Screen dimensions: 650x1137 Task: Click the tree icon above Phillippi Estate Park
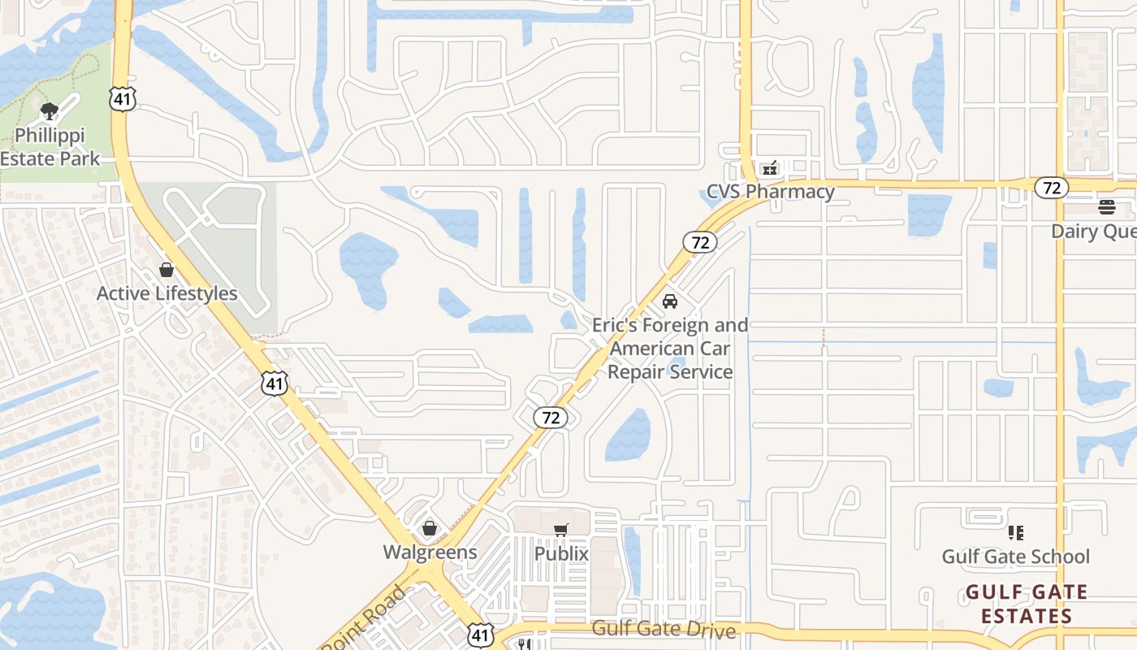49,110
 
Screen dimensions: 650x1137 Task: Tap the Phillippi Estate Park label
50,146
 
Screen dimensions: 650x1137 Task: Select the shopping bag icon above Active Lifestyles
166,270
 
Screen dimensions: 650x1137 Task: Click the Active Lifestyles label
166,293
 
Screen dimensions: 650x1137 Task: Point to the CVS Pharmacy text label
770,192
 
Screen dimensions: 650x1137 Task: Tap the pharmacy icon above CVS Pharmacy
769,168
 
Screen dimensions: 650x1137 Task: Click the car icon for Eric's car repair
670,301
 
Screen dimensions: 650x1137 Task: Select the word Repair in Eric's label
642,372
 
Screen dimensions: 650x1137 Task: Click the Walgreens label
430,552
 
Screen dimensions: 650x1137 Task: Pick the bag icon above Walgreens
430,529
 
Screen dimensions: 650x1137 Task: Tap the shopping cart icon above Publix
560,531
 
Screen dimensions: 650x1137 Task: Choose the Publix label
561,554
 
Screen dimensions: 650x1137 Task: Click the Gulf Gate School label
1015,557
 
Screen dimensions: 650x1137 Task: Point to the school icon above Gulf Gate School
1015,533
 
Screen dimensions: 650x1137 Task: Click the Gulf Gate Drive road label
664,629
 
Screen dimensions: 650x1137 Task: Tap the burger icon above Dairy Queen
1106,207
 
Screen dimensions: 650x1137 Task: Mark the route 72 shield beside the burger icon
1052,188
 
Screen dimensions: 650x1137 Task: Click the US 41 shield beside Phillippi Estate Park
122,100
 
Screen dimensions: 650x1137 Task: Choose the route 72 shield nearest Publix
551,418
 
